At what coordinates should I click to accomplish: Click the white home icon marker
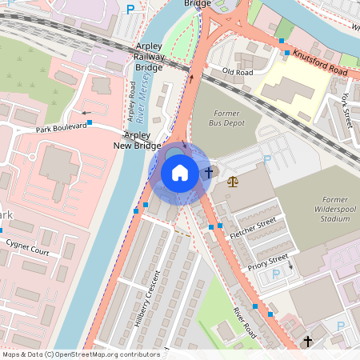tap(180, 173)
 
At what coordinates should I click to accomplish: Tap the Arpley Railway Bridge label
tap(149, 58)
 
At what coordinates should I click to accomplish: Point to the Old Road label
tap(238, 72)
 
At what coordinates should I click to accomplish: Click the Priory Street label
tap(267, 261)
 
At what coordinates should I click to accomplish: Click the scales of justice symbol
tap(232, 181)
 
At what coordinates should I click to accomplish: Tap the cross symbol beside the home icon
tap(209, 172)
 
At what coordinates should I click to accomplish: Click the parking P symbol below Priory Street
tap(276, 274)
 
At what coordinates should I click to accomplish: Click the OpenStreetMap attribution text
tap(81, 354)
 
